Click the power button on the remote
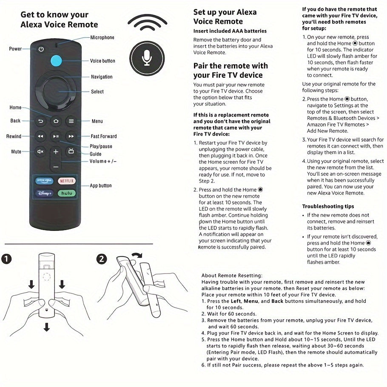pos(41,49)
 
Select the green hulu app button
pos(66,193)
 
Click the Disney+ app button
pos(45,193)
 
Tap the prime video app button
pos(45,181)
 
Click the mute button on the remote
pos(41,151)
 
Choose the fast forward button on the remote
pos(71,137)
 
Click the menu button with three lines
pos(71,121)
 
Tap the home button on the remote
pos(56,121)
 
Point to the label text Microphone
pos(102,37)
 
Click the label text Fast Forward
pos(103,137)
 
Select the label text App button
pos(101,185)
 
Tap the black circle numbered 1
pos(7,259)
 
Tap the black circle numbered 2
pos(102,259)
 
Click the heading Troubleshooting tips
pos(328,206)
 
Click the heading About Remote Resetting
pos(232,276)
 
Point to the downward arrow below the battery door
pos(46,327)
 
